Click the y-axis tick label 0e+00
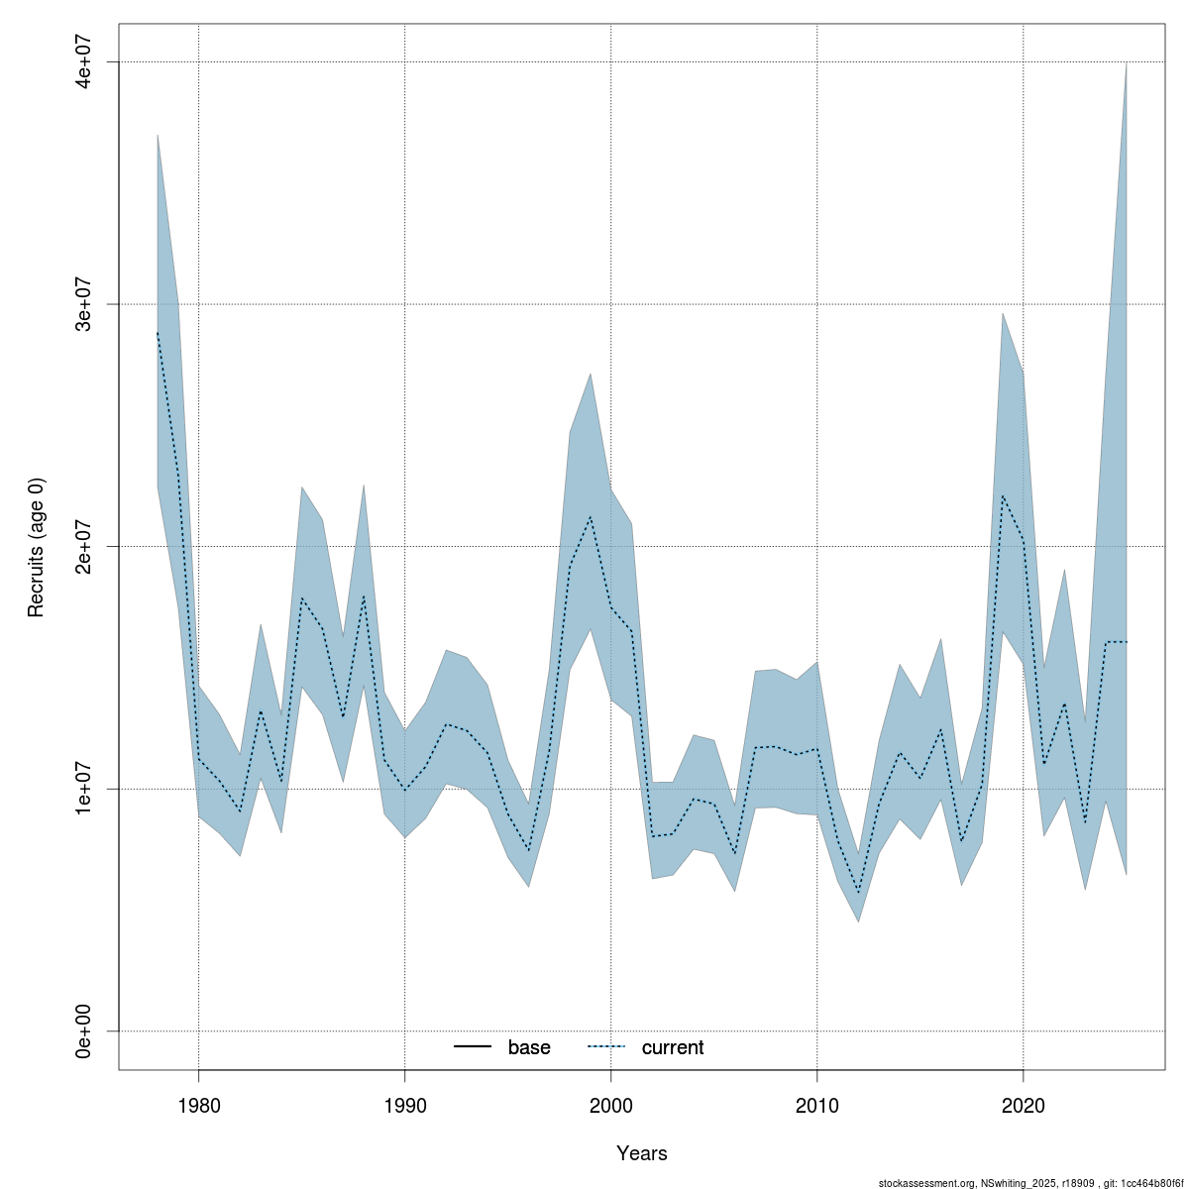pos(87,1031)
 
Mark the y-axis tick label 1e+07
pos(87,789)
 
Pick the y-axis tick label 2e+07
pos(87,546)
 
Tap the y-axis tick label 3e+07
pos(87,304)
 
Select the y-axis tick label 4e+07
pos(87,61)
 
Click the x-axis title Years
pos(641,1153)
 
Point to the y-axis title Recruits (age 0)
pos(37,546)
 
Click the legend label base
pos(529,1047)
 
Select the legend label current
pos(673,1047)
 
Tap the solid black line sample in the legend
pos(474,1047)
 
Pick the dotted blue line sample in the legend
pos(607,1047)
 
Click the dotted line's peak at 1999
pos(591,516)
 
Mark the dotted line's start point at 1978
pos(158,333)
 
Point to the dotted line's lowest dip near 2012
pos(858,893)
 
